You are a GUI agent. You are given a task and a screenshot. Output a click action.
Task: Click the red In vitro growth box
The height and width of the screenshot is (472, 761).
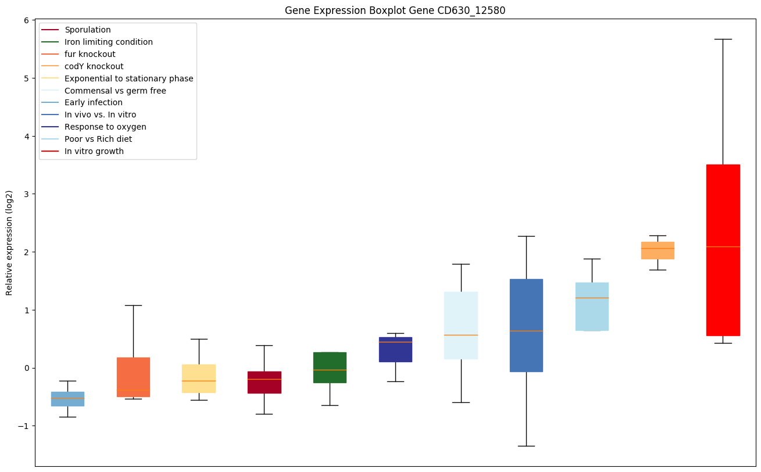tap(723, 250)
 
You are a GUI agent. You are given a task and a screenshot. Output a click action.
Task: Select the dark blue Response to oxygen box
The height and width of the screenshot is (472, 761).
tap(395, 349)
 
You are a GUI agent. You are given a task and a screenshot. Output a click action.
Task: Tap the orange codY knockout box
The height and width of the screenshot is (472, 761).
tap(658, 251)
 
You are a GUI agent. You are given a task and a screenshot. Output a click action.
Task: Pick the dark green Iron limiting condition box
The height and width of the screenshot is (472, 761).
tap(330, 367)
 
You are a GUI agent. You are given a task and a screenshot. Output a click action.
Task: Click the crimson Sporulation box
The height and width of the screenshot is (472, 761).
tap(265, 382)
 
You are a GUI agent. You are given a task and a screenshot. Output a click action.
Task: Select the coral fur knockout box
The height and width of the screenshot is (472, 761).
tap(133, 377)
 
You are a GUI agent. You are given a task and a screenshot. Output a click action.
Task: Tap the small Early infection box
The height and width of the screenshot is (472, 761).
tap(67, 399)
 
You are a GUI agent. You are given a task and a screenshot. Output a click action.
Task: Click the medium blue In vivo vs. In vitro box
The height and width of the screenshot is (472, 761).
tap(526, 326)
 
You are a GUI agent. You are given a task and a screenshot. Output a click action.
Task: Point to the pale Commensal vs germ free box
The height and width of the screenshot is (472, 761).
tap(461, 326)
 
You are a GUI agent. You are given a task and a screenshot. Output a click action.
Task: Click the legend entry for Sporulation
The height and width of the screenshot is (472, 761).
tap(88, 30)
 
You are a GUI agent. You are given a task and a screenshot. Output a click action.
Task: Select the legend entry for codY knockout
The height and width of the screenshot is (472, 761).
tap(94, 66)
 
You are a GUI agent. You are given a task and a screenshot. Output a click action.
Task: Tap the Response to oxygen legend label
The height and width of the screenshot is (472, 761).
tap(105, 127)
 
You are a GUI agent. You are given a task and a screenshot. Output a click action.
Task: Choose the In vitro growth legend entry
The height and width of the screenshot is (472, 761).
tap(94, 151)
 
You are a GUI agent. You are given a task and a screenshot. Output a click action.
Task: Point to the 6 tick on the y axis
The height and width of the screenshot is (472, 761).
tap(27, 20)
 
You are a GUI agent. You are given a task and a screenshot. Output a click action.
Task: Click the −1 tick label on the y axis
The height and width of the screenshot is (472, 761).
tap(24, 426)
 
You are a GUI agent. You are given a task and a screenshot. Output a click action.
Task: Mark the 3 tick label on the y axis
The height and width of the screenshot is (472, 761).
tap(27, 194)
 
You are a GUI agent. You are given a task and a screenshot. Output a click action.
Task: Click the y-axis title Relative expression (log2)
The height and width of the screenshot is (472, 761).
tap(9, 243)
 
